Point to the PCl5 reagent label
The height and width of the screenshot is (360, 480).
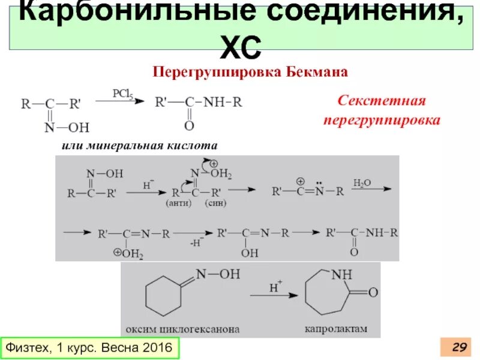pos(122,94)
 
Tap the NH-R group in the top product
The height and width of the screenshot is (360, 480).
pos(223,102)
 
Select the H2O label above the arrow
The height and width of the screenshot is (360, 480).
pos(362,182)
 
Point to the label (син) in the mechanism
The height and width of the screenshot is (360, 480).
pos(215,203)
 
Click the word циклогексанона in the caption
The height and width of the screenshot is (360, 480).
pos(200,329)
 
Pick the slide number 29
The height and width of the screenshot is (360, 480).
pos(459,347)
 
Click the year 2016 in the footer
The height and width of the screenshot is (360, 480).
pos(157,347)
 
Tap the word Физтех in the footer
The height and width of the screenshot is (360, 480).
pos(26,347)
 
